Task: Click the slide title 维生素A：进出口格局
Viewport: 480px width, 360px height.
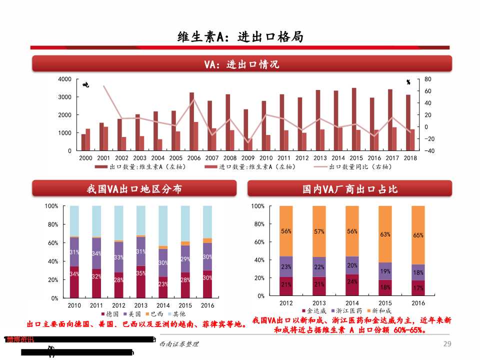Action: click(240, 37)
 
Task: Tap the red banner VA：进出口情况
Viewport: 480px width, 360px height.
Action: click(242, 64)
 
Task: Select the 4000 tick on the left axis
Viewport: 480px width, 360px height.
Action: click(65, 79)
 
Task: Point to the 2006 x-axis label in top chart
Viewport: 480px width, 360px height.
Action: click(194, 158)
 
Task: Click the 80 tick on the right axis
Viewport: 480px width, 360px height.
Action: click(427, 79)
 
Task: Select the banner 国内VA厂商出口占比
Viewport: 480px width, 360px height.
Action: click(349, 189)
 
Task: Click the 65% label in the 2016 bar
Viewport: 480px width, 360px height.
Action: click(418, 235)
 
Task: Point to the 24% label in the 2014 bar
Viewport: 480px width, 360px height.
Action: click(352, 281)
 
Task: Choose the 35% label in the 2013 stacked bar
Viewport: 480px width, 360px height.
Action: click(141, 273)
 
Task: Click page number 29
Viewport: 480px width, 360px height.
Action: click(447, 344)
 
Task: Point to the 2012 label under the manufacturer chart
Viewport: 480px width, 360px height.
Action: click(286, 303)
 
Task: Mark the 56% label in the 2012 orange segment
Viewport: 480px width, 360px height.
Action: click(286, 231)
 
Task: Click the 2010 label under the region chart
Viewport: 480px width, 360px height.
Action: click(74, 305)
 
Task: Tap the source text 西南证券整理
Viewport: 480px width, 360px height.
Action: click(178, 344)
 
